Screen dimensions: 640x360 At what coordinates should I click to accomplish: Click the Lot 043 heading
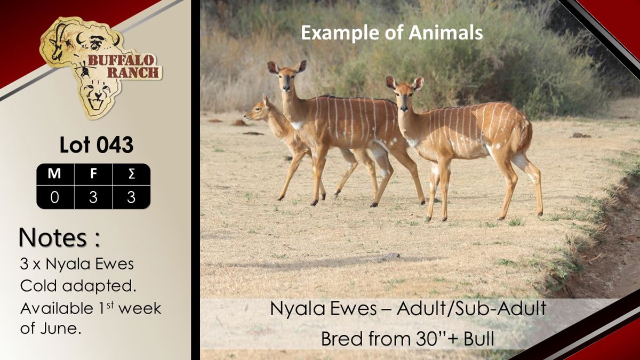click(x=97, y=145)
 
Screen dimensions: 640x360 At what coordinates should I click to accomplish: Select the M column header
click(x=54, y=174)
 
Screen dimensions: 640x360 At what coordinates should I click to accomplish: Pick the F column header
click(x=93, y=174)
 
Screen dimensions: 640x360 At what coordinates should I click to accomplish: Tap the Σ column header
click(x=131, y=174)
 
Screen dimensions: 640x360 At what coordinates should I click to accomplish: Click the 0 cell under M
click(x=54, y=197)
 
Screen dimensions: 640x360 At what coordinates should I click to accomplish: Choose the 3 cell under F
click(x=93, y=197)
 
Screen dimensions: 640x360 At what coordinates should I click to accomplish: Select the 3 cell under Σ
click(x=131, y=197)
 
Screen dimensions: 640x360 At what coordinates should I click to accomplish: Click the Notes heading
click(x=59, y=237)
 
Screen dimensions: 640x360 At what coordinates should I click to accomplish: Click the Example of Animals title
click(x=391, y=33)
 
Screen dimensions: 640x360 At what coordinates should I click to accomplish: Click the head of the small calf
click(x=258, y=109)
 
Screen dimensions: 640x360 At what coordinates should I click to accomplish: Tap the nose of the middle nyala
click(x=286, y=87)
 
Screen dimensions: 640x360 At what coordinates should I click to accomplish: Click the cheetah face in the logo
click(x=97, y=94)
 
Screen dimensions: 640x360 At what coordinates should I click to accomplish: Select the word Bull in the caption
click(x=478, y=339)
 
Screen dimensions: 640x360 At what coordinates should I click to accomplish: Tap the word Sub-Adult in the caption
click(x=500, y=309)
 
